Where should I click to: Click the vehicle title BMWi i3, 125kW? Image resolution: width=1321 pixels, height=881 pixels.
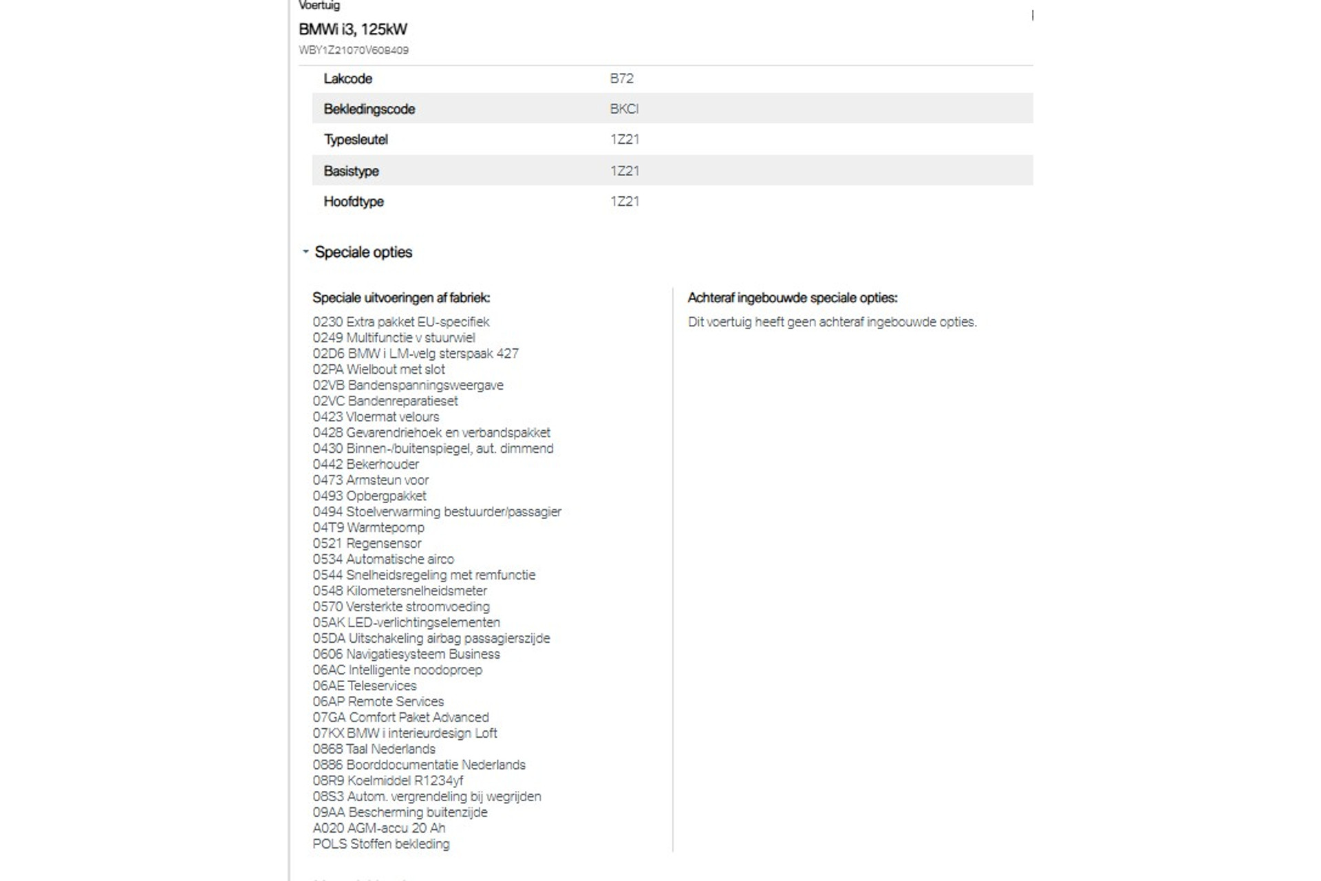[353, 30]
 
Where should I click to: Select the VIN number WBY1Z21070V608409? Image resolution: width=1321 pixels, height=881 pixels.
[354, 50]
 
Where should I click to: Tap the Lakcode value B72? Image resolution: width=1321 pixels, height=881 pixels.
[621, 78]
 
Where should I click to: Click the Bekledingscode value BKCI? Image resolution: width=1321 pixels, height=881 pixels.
[624, 109]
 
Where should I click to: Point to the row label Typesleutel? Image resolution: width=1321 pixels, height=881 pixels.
[356, 140]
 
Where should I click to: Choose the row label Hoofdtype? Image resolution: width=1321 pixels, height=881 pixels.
[354, 202]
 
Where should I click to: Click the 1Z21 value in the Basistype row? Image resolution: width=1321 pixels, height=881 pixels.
[624, 171]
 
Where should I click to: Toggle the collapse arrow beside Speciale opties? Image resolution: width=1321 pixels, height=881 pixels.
[305, 252]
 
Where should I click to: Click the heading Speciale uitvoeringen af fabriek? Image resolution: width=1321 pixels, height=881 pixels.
[401, 298]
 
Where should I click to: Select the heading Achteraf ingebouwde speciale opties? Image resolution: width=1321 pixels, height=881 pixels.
[793, 298]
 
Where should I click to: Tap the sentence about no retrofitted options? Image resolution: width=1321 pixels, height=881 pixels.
[832, 322]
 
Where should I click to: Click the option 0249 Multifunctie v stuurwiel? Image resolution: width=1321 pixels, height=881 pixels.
[394, 338]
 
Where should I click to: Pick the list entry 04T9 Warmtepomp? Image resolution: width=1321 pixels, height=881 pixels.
[368, 528]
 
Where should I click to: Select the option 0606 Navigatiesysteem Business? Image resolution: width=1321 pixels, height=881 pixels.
[406, 655]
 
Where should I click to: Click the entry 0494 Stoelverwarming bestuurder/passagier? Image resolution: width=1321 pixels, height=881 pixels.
[437, 512]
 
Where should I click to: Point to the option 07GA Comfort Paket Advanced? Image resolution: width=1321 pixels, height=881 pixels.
[400, 718]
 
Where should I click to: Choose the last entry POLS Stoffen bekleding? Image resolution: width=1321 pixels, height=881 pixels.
[380, 845]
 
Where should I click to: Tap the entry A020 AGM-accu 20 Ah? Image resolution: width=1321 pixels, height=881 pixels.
[378, 829]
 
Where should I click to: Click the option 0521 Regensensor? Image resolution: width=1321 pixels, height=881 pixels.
[367, 544]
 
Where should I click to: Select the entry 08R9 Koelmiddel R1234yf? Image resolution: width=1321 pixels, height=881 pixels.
[387, 781]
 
